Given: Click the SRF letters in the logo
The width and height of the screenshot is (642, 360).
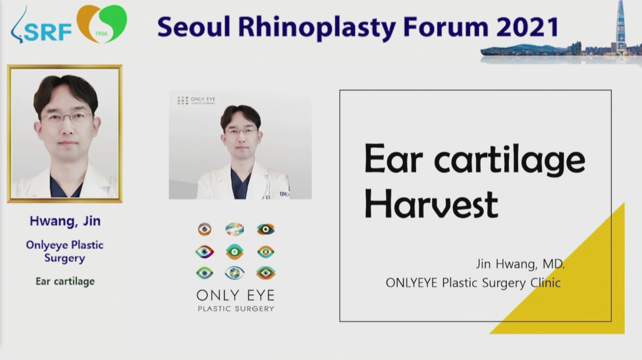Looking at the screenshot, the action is pyautogui.click(x=48, y=32).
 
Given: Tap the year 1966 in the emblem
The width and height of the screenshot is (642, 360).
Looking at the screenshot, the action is pyautogui.click(x=101, y=33).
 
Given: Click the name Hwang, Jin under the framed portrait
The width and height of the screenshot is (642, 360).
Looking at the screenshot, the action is pyautogui.click(x=65, y=221).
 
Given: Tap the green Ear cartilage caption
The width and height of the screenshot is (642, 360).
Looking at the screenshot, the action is pyautogui.click(x=65, y=281).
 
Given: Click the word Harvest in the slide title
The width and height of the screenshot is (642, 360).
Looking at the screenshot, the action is pyautogui.click(x=431, y=204).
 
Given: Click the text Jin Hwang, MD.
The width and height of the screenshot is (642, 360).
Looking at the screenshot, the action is pyautogui.click(x=520, y=264).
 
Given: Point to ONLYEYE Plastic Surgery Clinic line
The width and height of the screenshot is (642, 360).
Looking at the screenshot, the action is pyautogui.click(x=473, y=283).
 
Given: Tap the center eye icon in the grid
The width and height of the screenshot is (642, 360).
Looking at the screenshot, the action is pyautogui.click(x=235, y=252).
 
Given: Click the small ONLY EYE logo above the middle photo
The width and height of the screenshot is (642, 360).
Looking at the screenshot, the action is pyautogui.click(x=196, y=100).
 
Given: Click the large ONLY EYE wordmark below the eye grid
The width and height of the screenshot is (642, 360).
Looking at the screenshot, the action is pyautogui.click(x=236, y=295).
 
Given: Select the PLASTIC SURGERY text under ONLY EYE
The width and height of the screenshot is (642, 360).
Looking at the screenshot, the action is pyautogui.click(x=236, y=308).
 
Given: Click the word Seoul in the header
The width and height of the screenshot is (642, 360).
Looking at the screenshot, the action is pyautogui.click(x=194, y=27).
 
